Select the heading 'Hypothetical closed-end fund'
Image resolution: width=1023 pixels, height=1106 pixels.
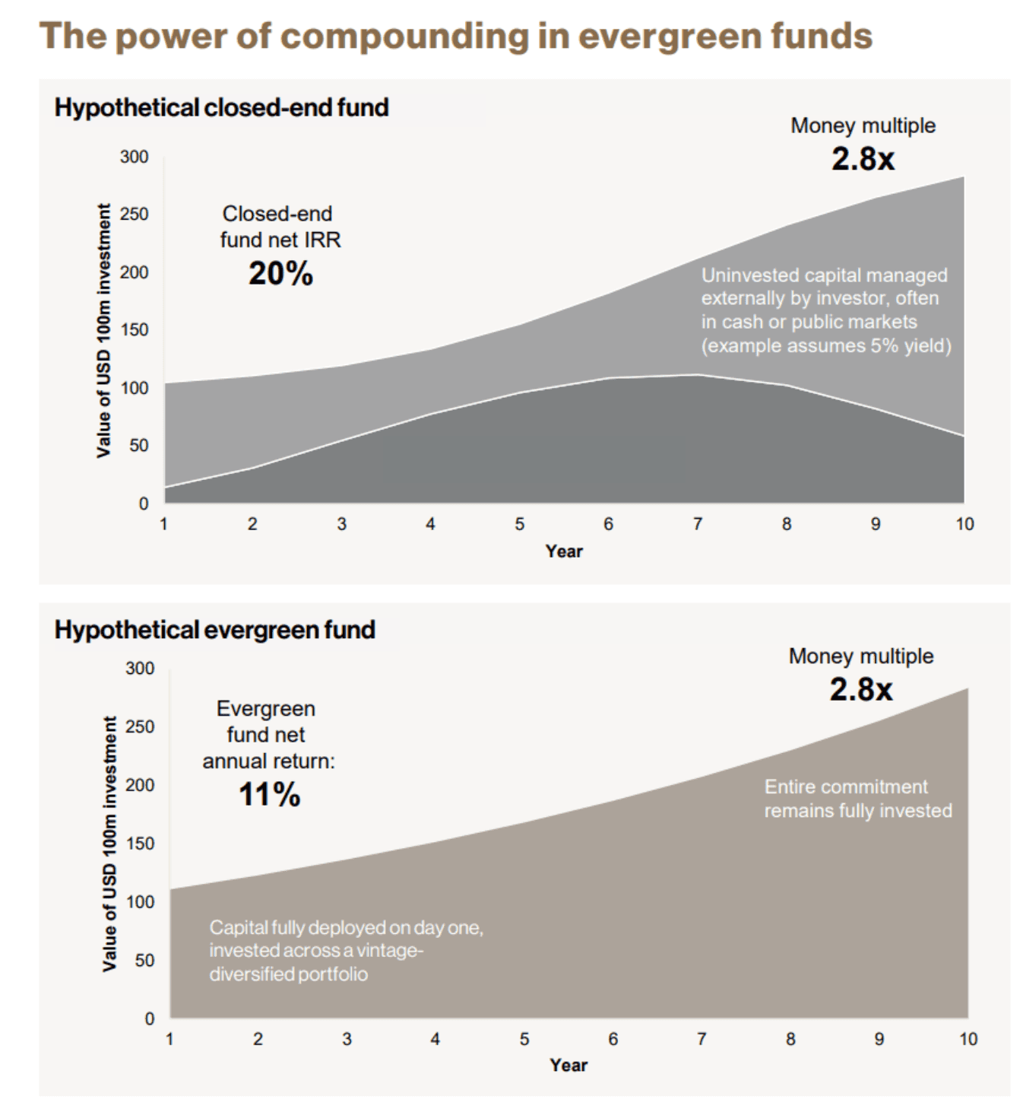point(221,107)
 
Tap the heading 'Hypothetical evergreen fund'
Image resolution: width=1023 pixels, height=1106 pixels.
point(214,630)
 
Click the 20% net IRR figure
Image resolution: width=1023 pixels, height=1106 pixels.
point(280,274)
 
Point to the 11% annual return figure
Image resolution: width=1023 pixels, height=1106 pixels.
point(269,795)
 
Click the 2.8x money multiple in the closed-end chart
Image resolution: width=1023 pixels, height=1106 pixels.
point(863,159)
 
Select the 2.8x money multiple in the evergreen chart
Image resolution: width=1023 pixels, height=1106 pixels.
point(861,689)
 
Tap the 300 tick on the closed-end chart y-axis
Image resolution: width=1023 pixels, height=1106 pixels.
point(134,157)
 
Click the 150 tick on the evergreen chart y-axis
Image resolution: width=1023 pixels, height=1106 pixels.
point(139,844)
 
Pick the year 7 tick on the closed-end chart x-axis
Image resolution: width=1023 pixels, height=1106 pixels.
point(697,524)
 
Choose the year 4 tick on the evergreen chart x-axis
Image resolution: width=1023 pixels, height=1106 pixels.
point(435,1039)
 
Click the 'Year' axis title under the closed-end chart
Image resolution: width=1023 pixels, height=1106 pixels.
point(563,551)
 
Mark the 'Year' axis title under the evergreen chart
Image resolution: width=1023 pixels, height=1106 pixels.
point(569,1065)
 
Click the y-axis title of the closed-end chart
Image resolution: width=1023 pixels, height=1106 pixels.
point(103,330)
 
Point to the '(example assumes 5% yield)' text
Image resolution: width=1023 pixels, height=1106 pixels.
point(825,346)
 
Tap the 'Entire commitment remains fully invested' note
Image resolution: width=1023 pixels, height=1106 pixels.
point(857,799)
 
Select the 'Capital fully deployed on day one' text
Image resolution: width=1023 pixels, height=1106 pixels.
point(346,928)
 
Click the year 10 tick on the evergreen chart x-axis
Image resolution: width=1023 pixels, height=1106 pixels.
point(968,1039)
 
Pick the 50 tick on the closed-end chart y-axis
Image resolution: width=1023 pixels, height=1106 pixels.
point(138,445)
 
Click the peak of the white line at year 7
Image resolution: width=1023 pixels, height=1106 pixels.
point(697,374)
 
